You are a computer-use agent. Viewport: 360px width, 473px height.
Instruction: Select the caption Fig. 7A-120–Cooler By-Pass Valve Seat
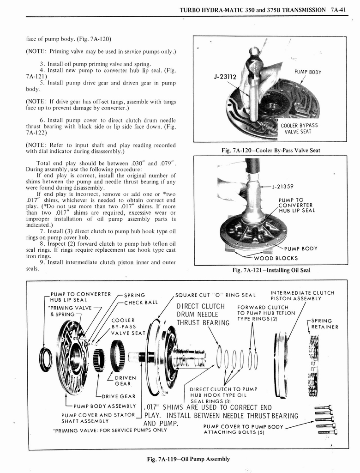[270, 150]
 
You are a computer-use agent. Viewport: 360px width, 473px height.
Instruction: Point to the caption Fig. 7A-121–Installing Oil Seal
[270, 270]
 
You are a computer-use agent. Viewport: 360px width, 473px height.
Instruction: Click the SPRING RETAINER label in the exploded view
[324, 323]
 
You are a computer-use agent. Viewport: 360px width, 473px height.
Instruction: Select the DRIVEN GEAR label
[122, 380]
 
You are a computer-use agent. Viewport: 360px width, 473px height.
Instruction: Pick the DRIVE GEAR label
[119, 396]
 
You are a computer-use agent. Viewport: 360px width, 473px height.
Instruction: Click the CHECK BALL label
[141, 303]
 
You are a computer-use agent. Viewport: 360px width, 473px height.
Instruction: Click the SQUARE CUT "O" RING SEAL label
[215, 295]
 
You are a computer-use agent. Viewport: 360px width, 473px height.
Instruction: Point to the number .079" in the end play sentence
[167, 163]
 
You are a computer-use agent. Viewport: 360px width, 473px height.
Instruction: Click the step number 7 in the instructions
[42, 230]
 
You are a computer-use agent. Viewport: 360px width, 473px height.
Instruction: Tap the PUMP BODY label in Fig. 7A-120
[307, 72]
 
